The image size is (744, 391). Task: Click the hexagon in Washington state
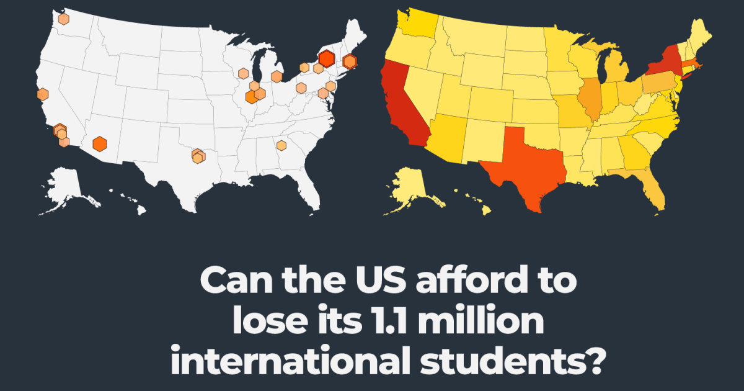point(63,19)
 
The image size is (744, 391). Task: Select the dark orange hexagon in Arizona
point(99,143)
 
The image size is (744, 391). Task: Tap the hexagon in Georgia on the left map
point(281,145)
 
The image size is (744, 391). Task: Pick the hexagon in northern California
point(42,94)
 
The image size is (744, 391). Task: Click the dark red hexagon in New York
point(326,59)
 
